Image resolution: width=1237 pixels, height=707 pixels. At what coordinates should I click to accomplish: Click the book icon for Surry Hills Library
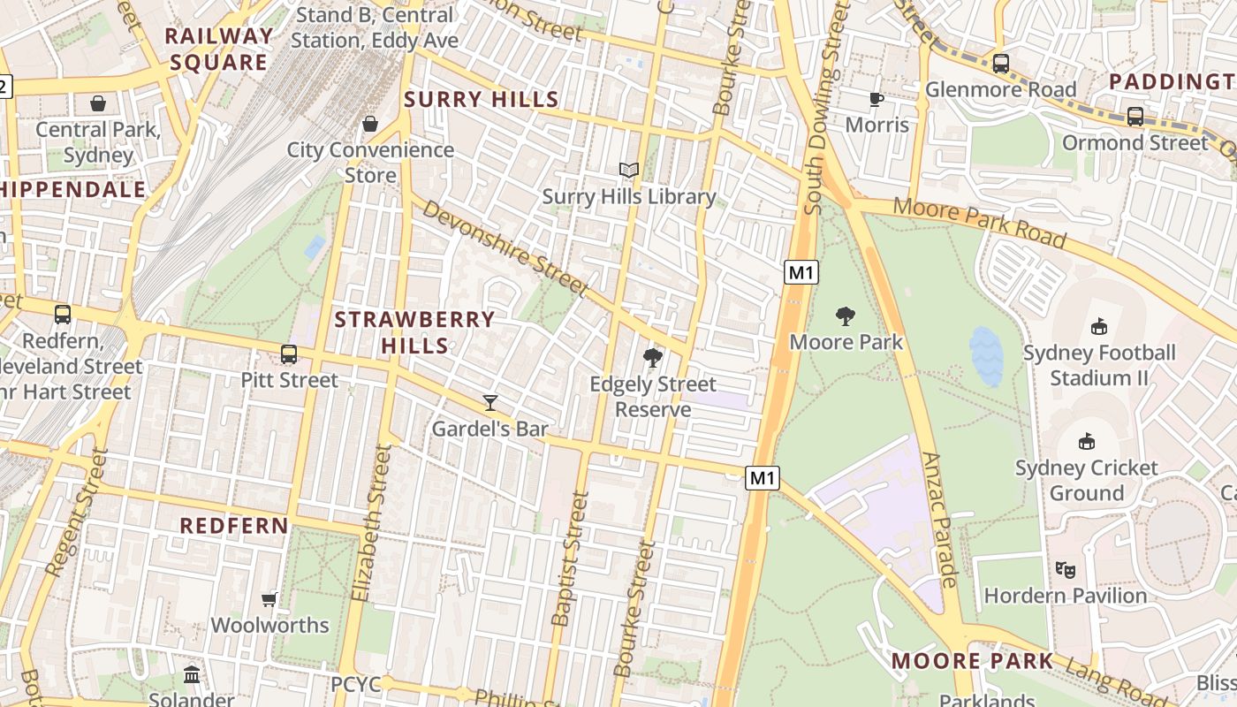pyautogui.click(x=628, y=170)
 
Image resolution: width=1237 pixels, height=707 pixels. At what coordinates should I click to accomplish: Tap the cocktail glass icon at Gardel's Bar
pyautogui.click(x=490, y=403)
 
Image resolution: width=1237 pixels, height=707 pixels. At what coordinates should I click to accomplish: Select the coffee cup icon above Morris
pyautogui.click(x=877, y=99)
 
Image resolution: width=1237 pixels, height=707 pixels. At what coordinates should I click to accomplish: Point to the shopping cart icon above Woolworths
pyautogui.click(x=269, y=599)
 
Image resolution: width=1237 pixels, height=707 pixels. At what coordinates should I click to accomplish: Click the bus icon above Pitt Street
pyautogui.click(x=289, y=354)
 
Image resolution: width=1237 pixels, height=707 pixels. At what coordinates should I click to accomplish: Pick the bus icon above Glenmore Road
pyautogui.click(x=1000, y=64)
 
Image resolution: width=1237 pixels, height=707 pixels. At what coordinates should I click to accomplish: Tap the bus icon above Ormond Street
pyautogui.click(x=1135, y=116)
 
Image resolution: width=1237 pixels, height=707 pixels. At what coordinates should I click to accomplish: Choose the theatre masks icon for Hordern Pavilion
pyautogui.click(x=1066, y=570)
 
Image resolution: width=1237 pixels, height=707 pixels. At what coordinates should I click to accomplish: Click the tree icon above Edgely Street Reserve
pyautogui.click(x=653, y=358)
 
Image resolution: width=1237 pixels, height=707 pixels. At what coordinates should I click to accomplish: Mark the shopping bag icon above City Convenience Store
pyautogui.click(x=370, y=124)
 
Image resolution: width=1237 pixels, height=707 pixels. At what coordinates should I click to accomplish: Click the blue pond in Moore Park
pyautogui.click(x=986, y=356)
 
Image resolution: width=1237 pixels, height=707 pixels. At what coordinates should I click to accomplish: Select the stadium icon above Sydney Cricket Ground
pyautogui.click(x=1087, y=441)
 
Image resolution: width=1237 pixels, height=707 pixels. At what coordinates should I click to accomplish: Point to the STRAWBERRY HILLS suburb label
pyautogui.click(x=414, y=332)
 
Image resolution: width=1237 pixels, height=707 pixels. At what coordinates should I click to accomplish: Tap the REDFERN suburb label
pyautogui.click(x=234, y=526)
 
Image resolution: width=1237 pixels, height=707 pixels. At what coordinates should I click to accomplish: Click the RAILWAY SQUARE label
pyautogui.click(x=218, y=49)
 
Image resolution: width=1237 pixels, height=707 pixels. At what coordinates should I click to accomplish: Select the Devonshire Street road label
pyautogui.click(x=505, y=248)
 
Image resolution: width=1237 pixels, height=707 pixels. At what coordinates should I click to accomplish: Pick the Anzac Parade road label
pyautogui.click(x=940, y=521)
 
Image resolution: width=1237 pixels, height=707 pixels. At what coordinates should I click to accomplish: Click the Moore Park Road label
pyautogui.click(x=979, y=224)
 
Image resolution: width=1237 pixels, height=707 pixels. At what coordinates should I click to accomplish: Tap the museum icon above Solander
pyautogui.click(x=192, y=676)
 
